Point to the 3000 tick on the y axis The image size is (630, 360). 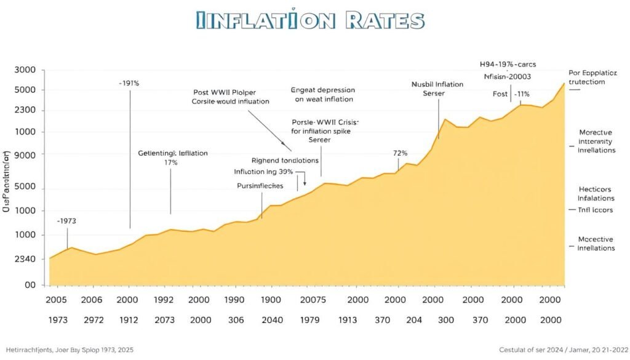tap(24, 70)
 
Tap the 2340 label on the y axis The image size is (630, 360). tap(24, 259)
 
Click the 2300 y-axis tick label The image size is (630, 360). tap(24, 111)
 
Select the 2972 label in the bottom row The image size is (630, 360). tap(91, 320)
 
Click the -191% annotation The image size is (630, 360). tap(129, 83)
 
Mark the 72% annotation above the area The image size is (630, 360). tap(401, 153)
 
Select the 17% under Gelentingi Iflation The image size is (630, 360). tap(170, 162)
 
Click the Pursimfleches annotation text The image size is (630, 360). tap(260, 185)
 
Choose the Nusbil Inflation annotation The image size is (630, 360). tap(437, 85)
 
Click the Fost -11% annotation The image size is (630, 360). tap(511, 94)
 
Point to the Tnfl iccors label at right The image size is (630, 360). tap(596, 209)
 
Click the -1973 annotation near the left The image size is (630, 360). tap(66, 220)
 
